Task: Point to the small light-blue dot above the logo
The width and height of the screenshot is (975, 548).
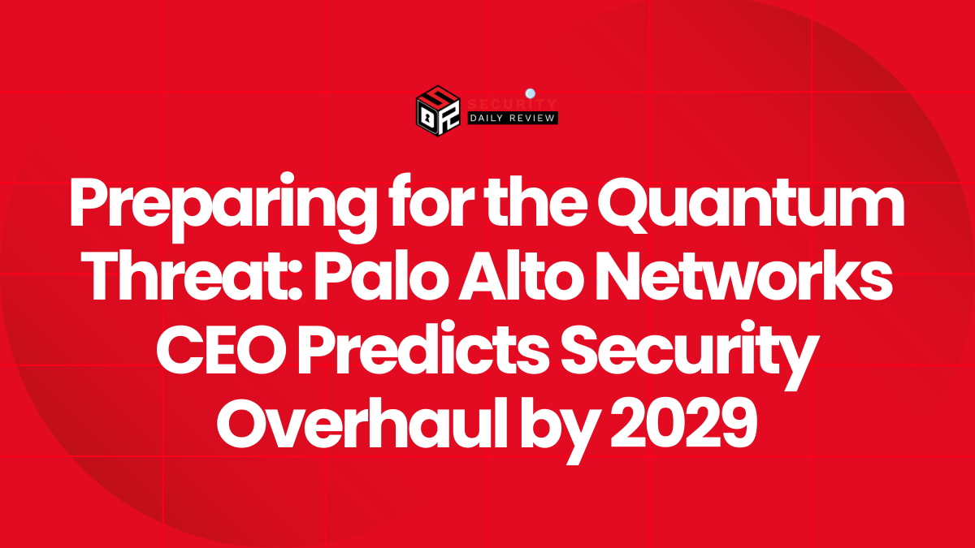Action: coord(529,93)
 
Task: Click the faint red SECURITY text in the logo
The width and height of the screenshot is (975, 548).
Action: coord(512,105)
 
